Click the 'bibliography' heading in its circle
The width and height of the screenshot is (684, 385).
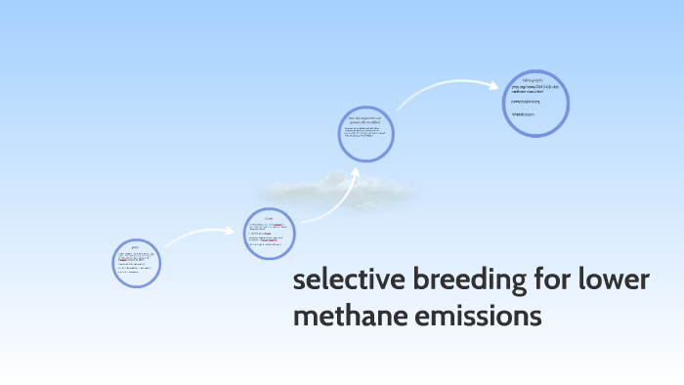(532, 78)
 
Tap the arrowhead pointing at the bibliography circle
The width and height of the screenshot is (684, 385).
(494, 85)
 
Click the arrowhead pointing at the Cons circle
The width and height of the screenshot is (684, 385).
(236, 232)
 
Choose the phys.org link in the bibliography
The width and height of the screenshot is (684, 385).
(533, 88)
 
